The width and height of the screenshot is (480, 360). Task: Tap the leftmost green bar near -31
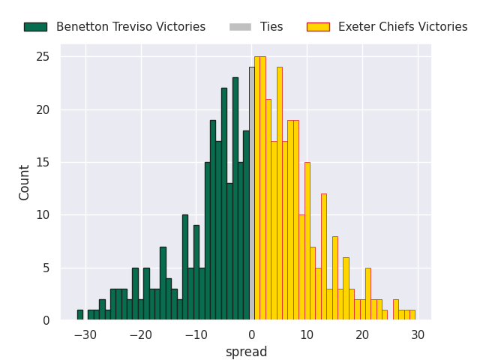point(79,315)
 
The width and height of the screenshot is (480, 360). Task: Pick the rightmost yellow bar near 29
point(412,315)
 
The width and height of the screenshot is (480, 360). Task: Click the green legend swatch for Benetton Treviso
point(35,27)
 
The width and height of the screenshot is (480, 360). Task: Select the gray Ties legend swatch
point(240,27)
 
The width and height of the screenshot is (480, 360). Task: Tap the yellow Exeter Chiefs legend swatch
point(318,27)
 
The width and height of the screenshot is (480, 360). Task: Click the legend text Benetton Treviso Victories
point(130,27)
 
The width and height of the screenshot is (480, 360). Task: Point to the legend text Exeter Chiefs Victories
point(403,27)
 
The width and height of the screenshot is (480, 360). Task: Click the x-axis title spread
point(246,352)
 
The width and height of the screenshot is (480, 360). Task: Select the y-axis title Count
point(25,182)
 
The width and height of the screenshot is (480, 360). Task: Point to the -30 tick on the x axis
point(85,334)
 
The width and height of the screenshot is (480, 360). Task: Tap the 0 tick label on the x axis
point(251,334)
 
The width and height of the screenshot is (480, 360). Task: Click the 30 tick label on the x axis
point(418,334)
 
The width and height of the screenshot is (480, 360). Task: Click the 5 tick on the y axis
point(46,268)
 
